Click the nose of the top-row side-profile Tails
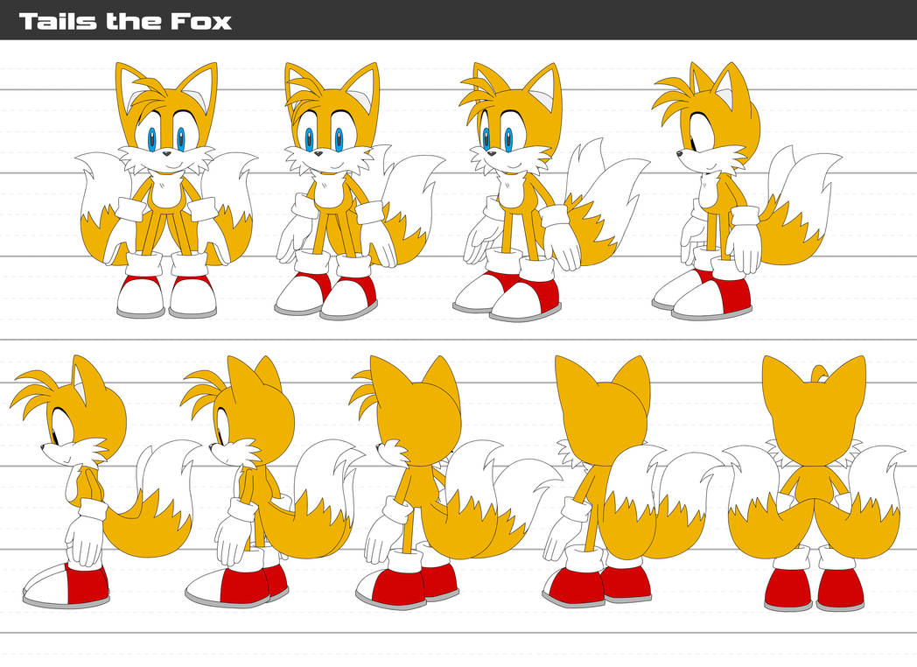[x=678, y=154]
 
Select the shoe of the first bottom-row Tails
[x=66, y=585]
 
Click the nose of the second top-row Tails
[x=318, y=154]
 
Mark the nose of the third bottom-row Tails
[x=380, y=446]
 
